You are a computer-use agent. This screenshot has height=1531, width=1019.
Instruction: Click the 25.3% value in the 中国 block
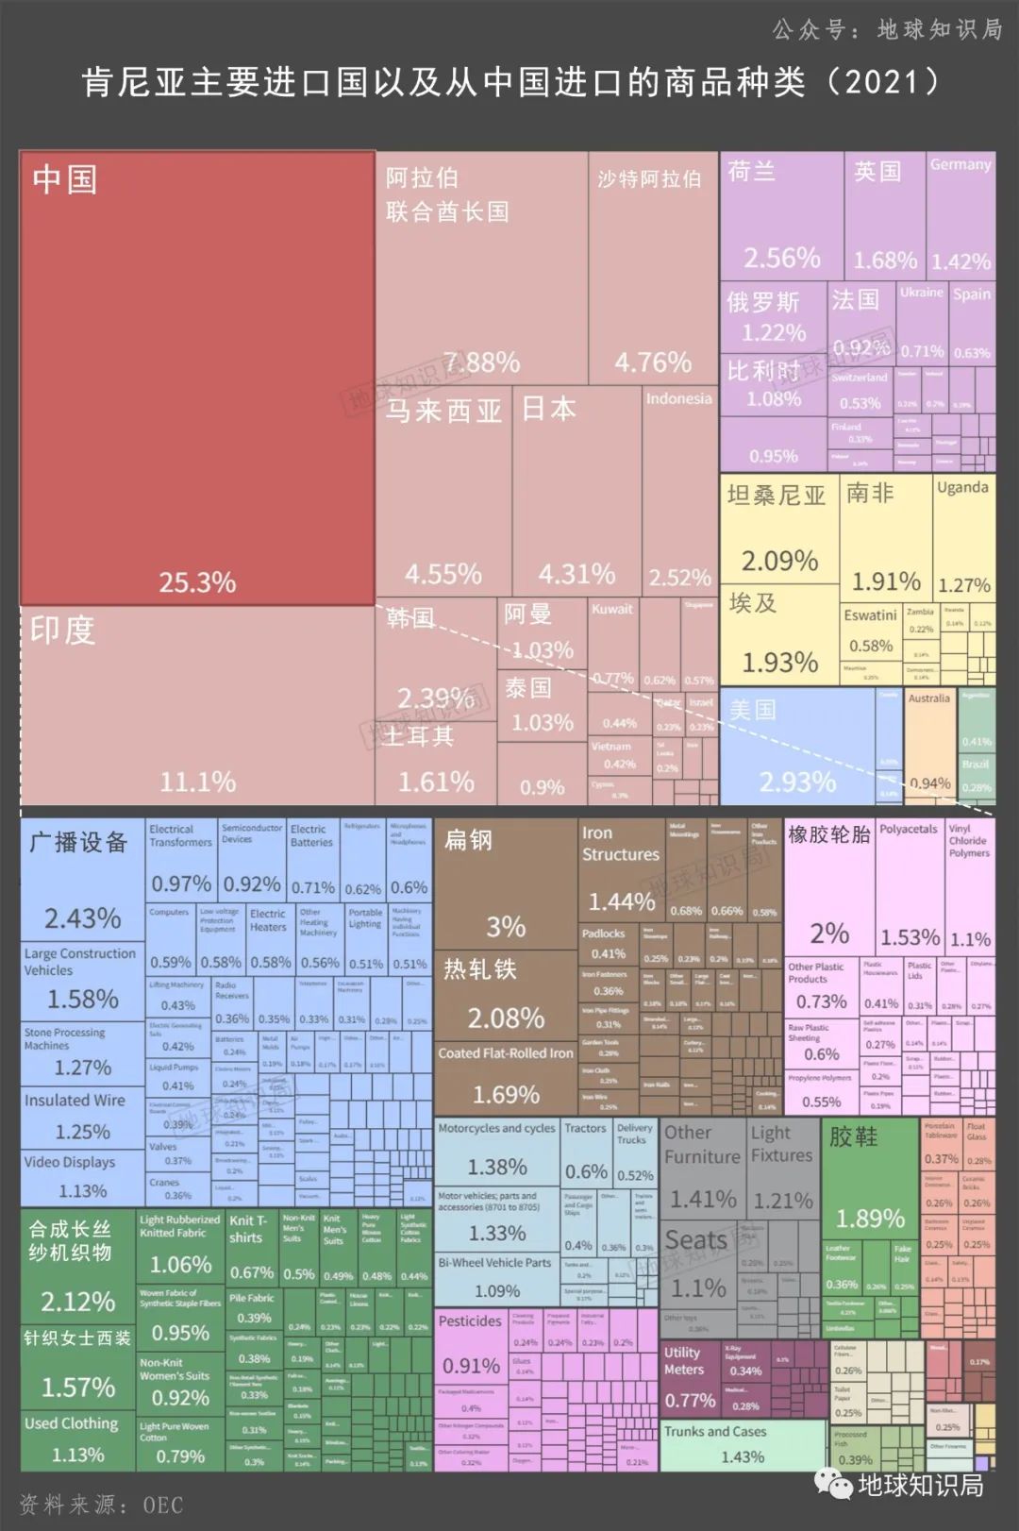[x=197, y=581]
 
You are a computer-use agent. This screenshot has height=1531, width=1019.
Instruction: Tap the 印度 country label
[x=62, y=631]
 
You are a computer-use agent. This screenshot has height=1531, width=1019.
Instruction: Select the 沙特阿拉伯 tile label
[x=649, y=178]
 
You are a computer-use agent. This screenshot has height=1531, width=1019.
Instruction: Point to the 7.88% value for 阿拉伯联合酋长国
[x=481, y=362]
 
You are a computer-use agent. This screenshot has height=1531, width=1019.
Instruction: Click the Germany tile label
[x=960, y=164]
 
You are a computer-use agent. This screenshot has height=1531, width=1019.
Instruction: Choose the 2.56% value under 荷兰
[x=781, y=258]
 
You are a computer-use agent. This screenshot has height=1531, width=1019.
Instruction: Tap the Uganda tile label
[x=962, y=487]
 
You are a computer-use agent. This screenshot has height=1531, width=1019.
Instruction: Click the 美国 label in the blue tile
[x=752, y=710]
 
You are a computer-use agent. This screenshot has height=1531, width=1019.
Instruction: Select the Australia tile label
[x=928, y=698]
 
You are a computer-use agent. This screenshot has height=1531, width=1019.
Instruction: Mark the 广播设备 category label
[x=78, y=842]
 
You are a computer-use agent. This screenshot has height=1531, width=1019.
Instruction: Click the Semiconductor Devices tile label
[x=251, y=833]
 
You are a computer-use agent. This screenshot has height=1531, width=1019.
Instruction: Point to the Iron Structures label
[x=620, y=844]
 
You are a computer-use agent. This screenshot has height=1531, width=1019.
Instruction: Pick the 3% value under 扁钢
[x=506, y=926]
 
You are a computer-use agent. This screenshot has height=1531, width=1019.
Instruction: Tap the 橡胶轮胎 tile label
[x=828, y=834]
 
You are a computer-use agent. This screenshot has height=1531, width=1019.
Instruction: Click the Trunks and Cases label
[x=714, y=1432]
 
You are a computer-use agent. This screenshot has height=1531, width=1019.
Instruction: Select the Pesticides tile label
[x=469, y=1321]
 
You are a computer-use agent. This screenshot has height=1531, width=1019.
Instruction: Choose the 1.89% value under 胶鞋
[x=870, y=1219]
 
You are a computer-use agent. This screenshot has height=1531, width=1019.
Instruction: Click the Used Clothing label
[x=72, y=1423]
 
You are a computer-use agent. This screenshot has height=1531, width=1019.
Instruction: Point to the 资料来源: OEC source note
[x=102, y=1505]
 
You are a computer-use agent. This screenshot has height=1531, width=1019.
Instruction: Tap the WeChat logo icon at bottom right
[x=835, y=1486]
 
